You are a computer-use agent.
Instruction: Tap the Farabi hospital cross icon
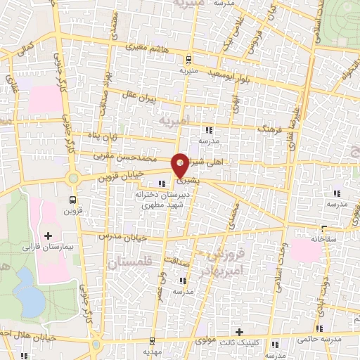tap(49, 235)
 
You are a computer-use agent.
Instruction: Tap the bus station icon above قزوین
tap(72, 199)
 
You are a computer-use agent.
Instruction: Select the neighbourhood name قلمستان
tap(131, 262)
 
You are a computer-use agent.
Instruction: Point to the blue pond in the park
tap(28, 291)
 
